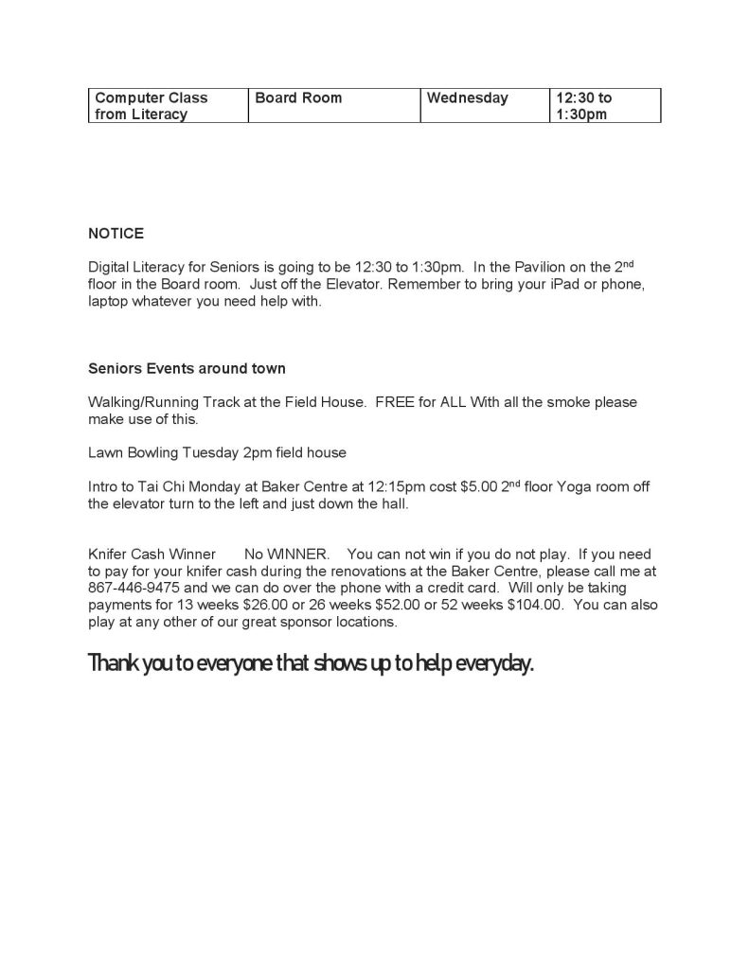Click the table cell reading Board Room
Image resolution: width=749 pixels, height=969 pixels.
coord(333,106)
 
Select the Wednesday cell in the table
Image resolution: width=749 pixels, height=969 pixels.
coord(483,106)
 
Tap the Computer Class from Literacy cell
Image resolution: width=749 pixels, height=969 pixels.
coord(168,106)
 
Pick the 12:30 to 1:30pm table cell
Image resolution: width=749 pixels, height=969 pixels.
coord(603,106)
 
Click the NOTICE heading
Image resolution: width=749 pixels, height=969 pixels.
coord(116,234)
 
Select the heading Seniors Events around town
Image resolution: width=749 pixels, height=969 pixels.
coord(187,368)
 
